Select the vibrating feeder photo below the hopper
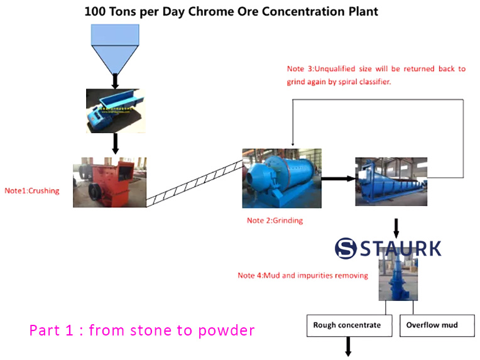click(x=114, y=110)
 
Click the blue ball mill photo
click(x=281, y=178)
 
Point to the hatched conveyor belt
click(x=194, y=183)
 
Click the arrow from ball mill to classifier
click(x=337, y=178)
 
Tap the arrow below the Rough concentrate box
click(x=347, y=347)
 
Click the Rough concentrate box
click(x=347, y=325)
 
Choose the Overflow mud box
click(x=432, y=325)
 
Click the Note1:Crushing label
click(x=32, y=190)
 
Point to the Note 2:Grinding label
click(x=275, y=221)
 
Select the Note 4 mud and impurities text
click(x=302, y=275)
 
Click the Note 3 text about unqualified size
click(x=376, y=75)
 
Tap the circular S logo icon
click(x=346, y=248)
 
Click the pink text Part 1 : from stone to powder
click(x=142, y=330)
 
